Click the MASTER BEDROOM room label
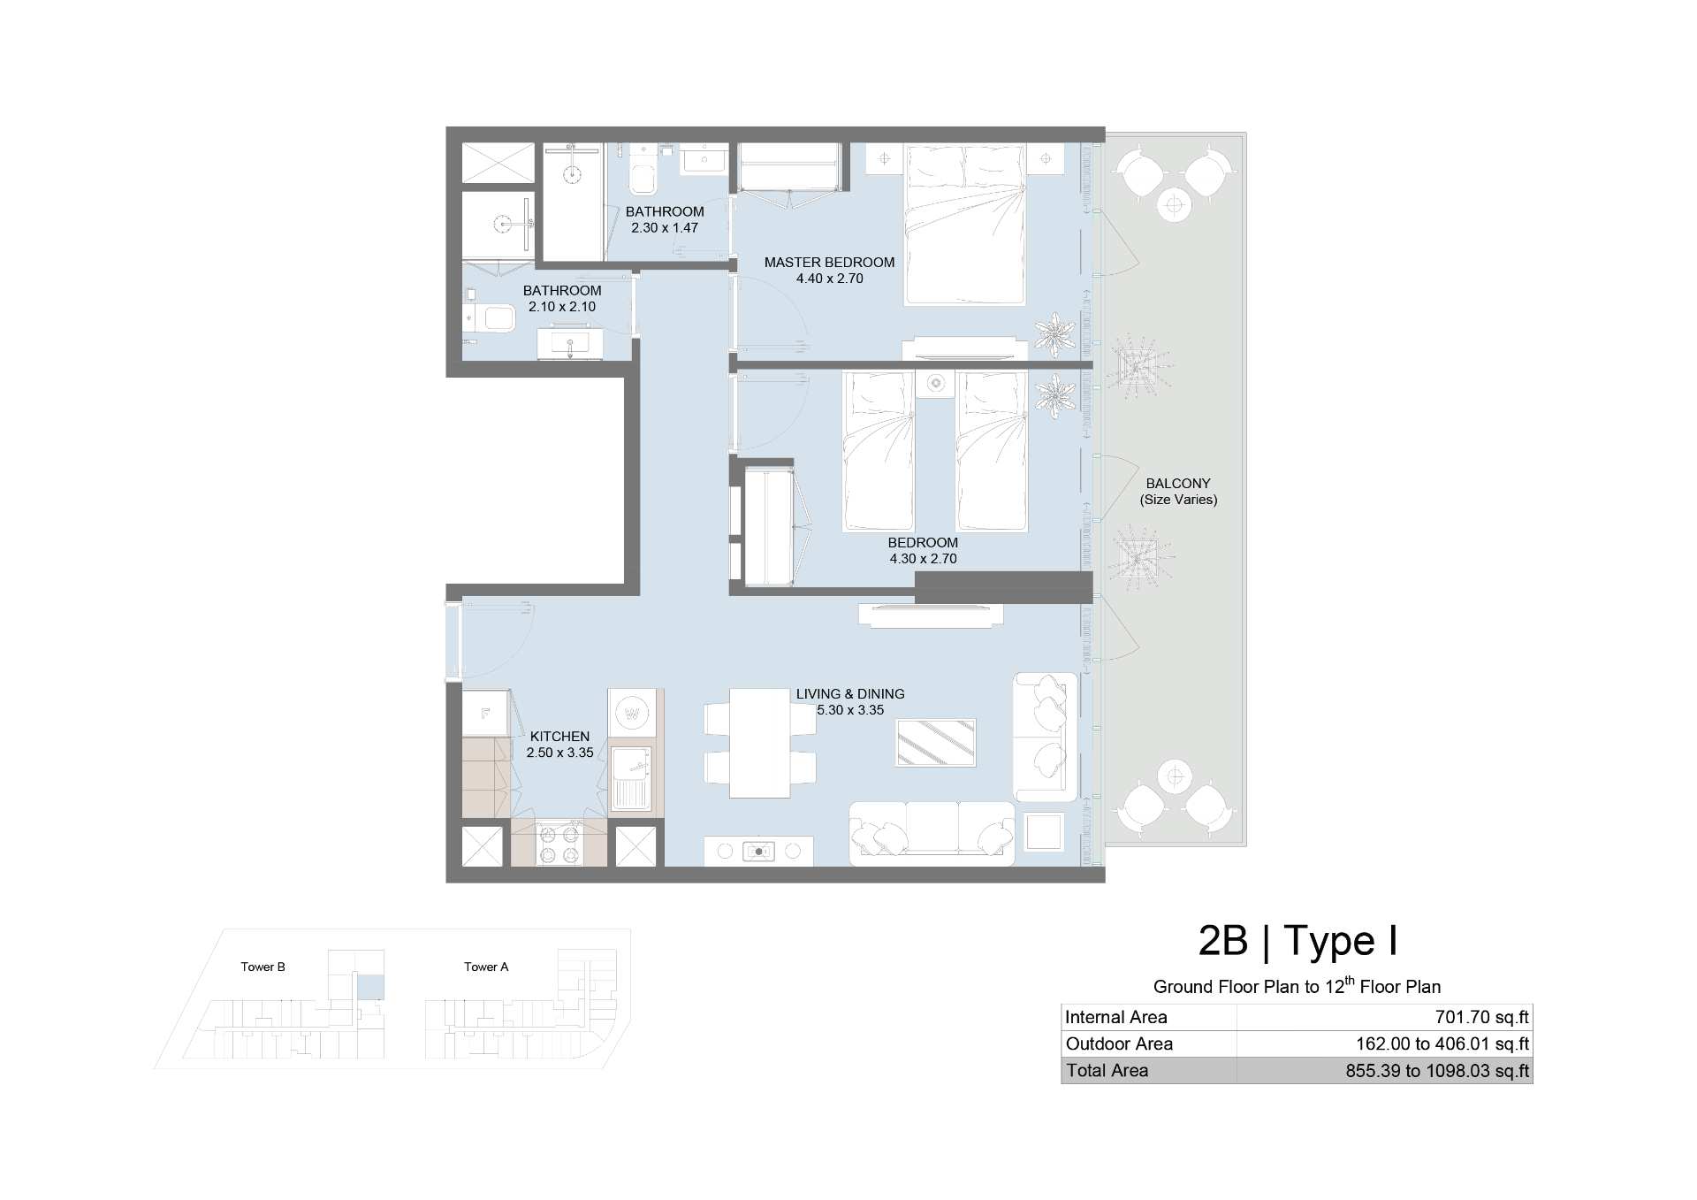829,263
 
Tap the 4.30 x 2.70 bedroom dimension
923,559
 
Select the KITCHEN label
559,737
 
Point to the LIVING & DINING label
850,694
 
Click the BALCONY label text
1178,484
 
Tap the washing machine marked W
632,713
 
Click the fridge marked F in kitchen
485,713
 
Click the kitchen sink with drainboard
630,777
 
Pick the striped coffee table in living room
936,742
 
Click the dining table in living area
760,744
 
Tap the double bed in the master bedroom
964,225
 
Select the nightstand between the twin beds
936,383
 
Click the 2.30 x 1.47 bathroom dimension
665,228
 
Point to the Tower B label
263,967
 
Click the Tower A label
486,967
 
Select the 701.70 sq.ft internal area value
1482,1018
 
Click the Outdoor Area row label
1119,1044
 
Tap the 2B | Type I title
1297,941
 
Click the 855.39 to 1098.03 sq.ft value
1437,1071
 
